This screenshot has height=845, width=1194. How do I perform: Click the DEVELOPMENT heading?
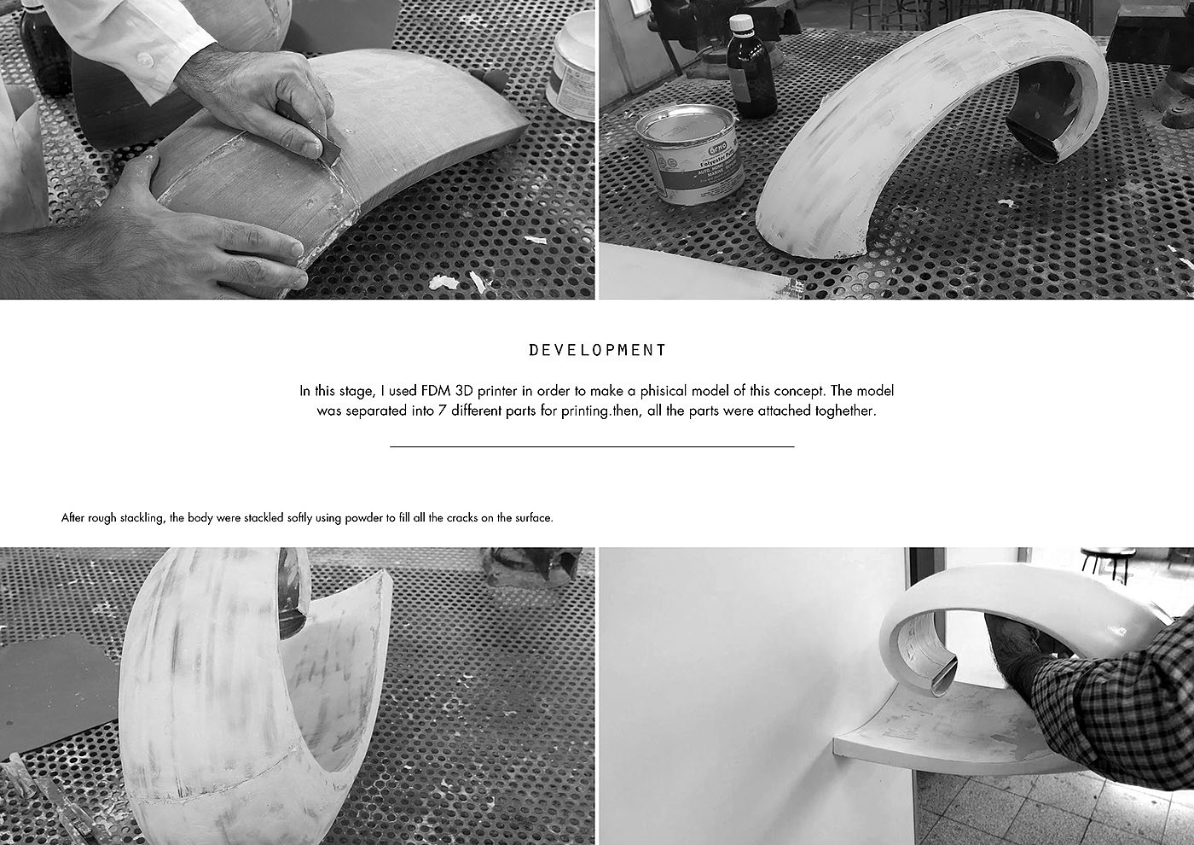[x=597, y=350]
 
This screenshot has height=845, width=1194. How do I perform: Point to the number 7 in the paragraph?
[x=442, y=411]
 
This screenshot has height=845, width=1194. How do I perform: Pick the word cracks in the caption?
[x=461, y=518]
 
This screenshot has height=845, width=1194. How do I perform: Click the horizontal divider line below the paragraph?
[x=592, y=446]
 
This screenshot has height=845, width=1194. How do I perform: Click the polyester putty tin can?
[x=689, y=154]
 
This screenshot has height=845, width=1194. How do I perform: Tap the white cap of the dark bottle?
[x=741, y=22]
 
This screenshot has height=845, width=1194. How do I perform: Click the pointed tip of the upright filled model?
[x=386, y=572]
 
